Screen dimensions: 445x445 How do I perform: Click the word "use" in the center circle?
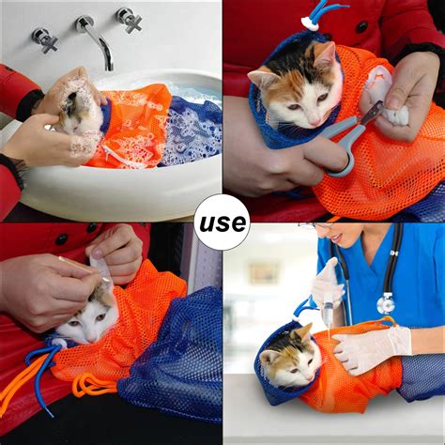tap(222, 222)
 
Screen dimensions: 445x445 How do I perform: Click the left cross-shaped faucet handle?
tap(46, 39)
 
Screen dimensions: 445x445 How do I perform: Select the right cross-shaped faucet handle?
tap(130, 20)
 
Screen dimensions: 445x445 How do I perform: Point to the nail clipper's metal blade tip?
tap(379, 106)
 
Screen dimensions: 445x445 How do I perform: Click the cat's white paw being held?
tap(397, 115)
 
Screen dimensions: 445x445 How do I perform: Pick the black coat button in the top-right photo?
tap(361, 27)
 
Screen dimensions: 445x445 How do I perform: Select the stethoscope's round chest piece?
tap(386, 303)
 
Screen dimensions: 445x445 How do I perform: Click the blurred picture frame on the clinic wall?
tap(263, 273)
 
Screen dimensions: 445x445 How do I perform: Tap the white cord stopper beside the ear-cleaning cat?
tap(59, 344)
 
